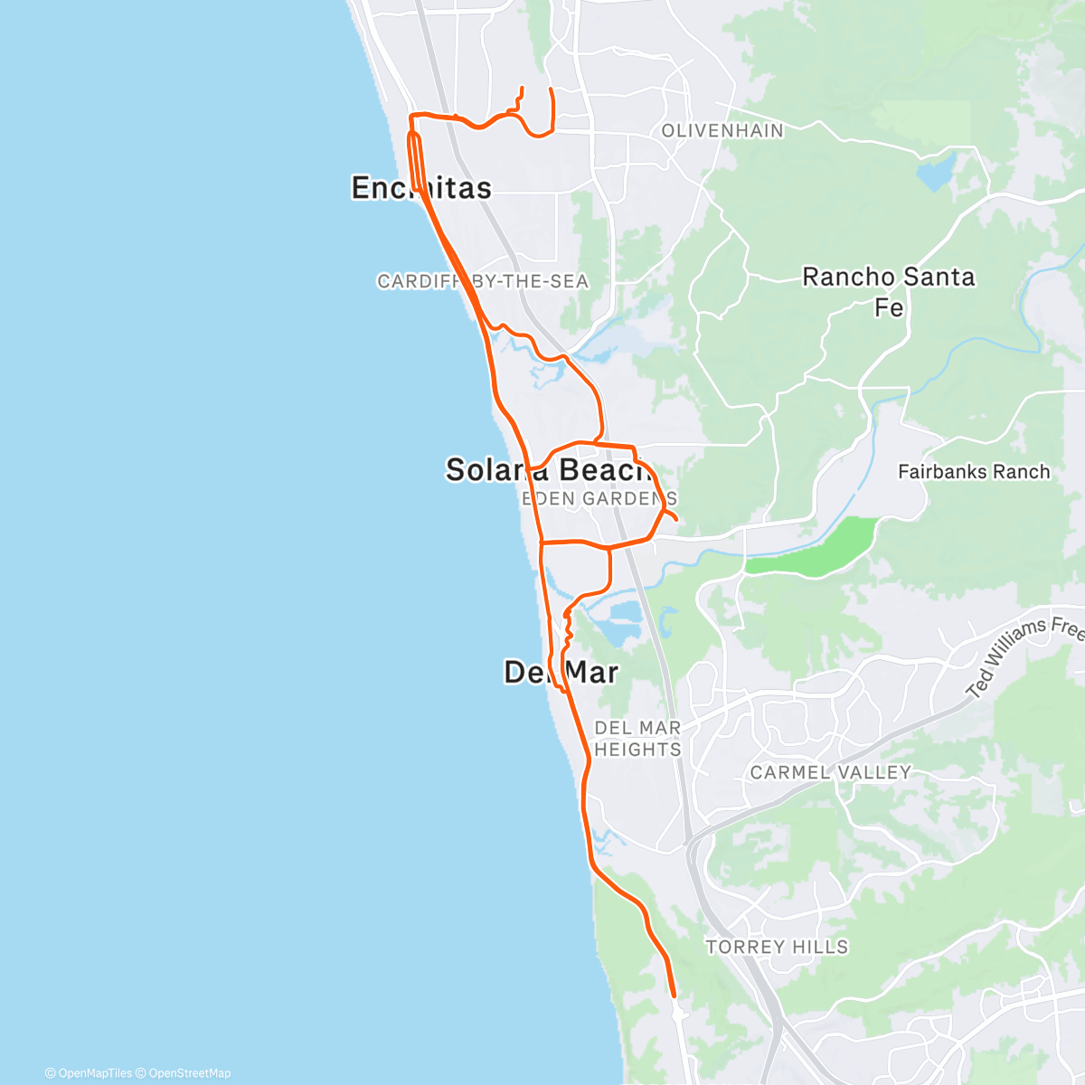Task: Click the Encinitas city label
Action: point(421,187)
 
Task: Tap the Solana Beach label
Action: point(547,469)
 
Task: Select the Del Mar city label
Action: point(561,672)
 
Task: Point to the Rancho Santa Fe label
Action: point(889,291)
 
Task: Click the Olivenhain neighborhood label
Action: point(722,131)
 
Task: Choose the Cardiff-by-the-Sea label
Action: point(483,281)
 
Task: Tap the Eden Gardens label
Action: point(599,498)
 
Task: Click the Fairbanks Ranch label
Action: point(974,471)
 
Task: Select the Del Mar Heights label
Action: point(637,739)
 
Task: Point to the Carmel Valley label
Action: point(830,772)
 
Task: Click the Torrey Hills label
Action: point(777,947)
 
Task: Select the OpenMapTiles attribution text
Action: point(94,1073)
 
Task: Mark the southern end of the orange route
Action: point(675,995)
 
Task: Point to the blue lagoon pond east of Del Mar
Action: point(624,622)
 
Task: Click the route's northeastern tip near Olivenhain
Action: point(552,90)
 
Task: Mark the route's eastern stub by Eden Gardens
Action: point(676,520)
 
